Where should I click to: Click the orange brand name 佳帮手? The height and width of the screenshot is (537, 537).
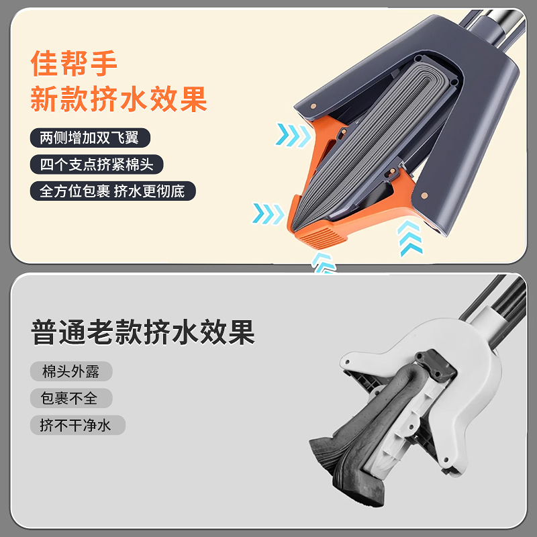[x=75, y=64]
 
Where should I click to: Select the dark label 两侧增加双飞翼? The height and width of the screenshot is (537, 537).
[x=90, y=138]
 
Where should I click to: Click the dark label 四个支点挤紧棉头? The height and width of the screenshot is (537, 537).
[x=97, y=164]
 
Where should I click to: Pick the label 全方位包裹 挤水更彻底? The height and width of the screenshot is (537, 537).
[x=112, y=191]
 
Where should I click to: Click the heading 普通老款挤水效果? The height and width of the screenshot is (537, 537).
[x=143, y=332]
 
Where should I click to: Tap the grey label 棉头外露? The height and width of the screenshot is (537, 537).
[x=70, y=371]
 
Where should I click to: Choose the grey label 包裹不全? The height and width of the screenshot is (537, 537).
[x=70, y=398]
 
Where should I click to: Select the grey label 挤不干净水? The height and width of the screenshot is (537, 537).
[x=78, y=425]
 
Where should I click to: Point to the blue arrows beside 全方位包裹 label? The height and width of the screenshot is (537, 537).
[x=268, y=214]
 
